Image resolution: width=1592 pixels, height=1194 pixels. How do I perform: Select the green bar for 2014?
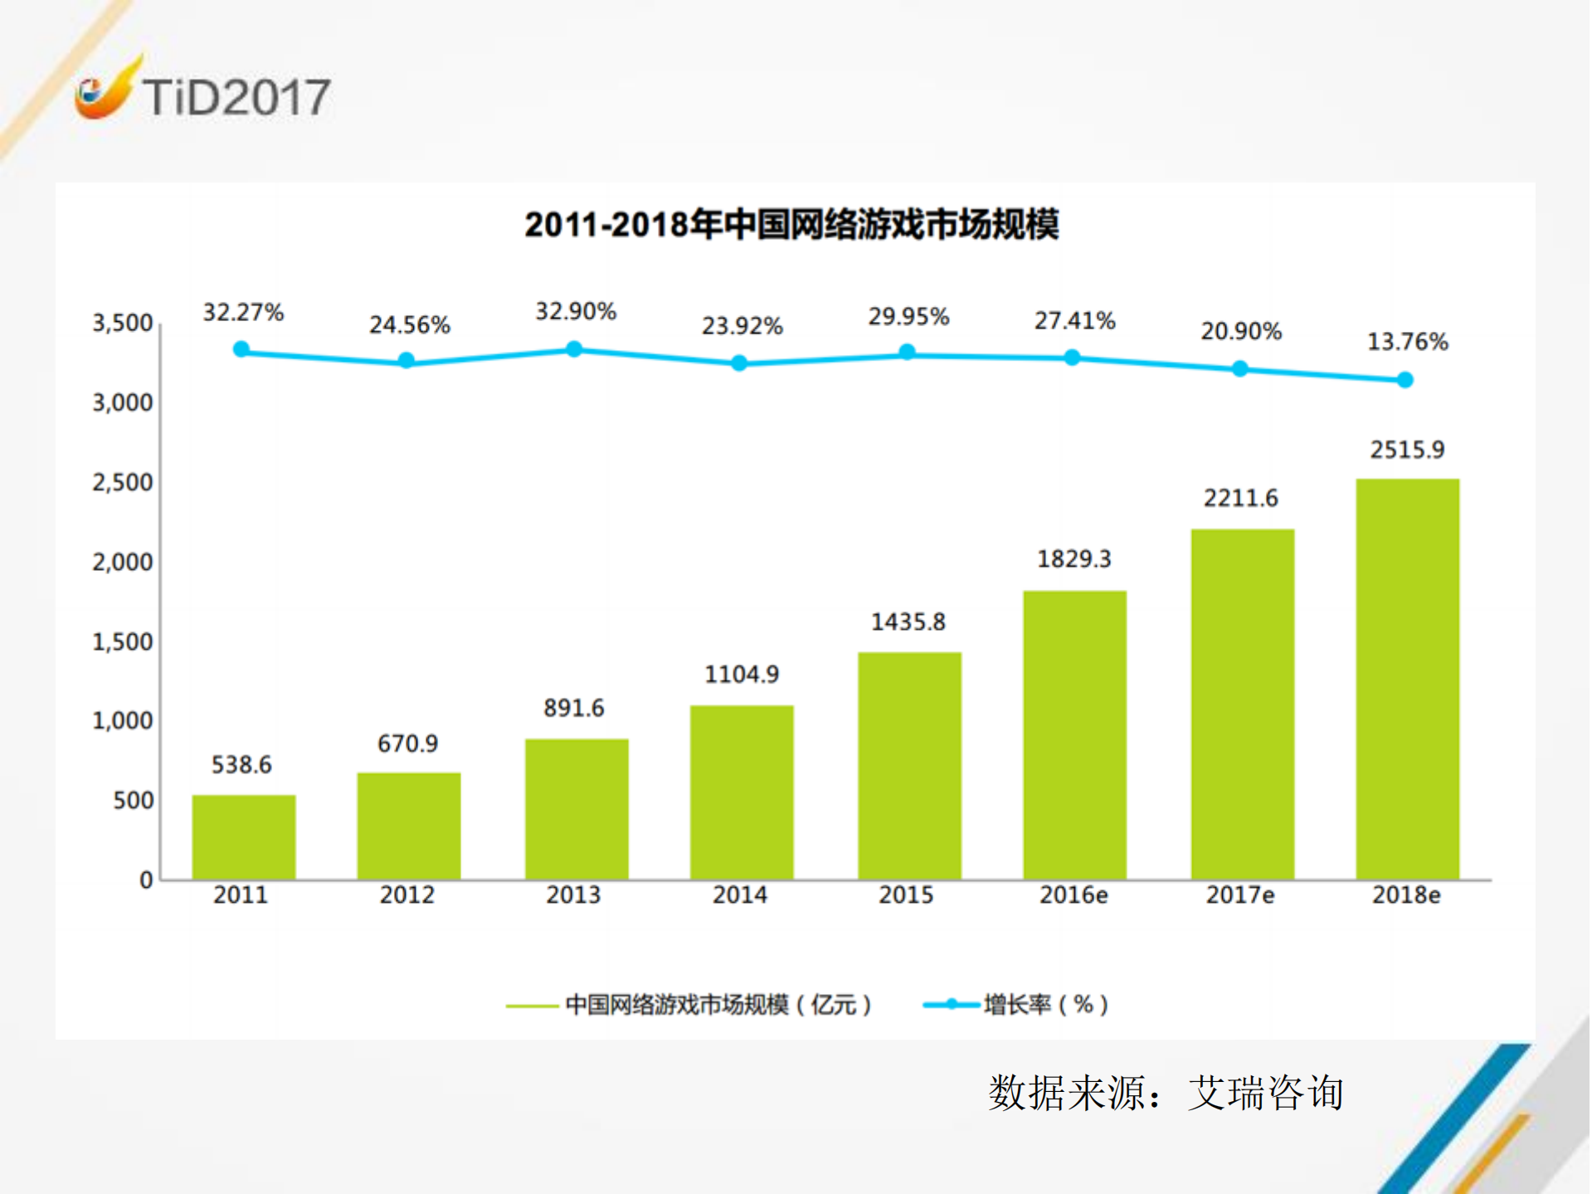742,792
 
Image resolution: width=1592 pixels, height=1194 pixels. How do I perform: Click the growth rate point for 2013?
574,349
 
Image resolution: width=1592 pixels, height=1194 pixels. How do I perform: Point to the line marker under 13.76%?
1405,380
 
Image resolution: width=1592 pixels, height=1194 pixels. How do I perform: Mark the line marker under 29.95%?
908,353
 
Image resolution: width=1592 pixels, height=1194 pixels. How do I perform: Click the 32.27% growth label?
243,313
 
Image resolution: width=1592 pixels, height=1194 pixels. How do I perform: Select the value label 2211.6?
1241,498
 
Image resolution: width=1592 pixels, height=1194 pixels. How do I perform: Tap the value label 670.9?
407,743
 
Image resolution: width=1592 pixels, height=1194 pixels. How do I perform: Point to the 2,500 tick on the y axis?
123,482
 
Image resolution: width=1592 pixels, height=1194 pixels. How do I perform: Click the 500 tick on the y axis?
134,801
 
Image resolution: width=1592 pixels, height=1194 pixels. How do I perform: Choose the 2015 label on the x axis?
906,895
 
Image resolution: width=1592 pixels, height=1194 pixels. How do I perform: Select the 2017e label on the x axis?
1240,895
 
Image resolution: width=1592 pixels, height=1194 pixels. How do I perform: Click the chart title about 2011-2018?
791,225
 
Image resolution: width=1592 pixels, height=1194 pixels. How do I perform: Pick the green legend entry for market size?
689,1005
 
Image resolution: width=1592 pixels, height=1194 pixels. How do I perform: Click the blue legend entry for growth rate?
1016,1005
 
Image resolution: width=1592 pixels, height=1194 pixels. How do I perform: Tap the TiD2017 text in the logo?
236,97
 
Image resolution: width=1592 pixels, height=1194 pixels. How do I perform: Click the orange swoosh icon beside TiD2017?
105,91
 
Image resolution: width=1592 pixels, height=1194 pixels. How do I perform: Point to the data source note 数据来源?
1165,1093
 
